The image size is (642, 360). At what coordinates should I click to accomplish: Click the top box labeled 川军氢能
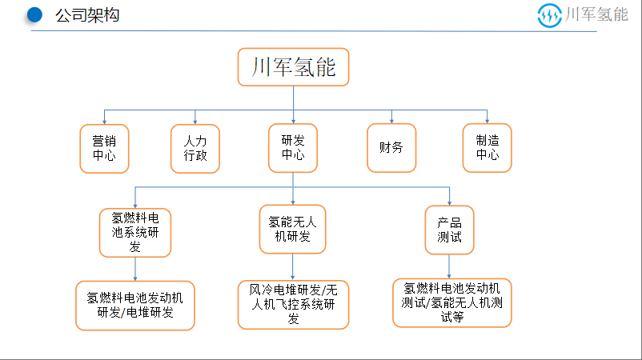click(293, 67)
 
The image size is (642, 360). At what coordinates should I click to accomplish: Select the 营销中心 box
click(104, 149)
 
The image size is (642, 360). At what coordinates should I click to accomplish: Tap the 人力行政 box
click(195, 149)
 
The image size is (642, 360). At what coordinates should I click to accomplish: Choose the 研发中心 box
click(293, 148)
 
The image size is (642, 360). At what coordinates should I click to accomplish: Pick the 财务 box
click(391, 148)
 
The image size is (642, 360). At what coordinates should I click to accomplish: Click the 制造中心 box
click(488, 148)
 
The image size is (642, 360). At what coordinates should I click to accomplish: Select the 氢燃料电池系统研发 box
click(135, 233)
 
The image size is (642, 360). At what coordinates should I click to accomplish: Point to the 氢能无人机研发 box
click(292, 229)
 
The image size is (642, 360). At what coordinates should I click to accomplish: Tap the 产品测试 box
click(450, 230)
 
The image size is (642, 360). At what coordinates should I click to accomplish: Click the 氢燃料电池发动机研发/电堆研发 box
click(135, 306)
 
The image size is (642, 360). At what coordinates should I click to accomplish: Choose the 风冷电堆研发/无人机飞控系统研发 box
click(293, 305)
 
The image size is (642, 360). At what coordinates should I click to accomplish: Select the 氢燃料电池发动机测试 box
click(452, 303)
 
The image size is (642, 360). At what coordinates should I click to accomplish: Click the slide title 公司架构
click(87, 15)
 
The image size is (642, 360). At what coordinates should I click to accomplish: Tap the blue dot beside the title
click(34, 15)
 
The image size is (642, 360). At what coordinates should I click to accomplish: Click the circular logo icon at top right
click(549, 15)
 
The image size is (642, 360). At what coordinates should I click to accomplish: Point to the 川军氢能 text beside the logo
click(596, 14)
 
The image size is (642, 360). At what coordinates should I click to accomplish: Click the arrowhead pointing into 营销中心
click(104, 122)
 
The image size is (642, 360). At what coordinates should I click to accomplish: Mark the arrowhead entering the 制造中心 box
click(488, 121)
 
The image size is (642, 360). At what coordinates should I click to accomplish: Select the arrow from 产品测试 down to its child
click(449, 266)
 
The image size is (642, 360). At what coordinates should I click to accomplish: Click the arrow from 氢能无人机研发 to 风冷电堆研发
click(292, 267)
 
